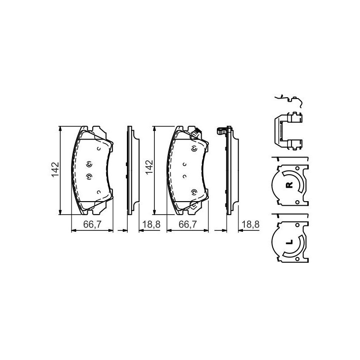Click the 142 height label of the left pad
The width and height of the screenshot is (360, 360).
[x=55, y=170]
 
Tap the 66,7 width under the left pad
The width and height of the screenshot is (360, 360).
[x=92, y=224]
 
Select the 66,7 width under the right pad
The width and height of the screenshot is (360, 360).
[x=188, y=224]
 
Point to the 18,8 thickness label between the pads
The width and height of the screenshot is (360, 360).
[x=152, y=224]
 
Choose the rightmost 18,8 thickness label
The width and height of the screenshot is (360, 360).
[x=251, y=224]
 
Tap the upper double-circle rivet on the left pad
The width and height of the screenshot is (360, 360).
[x=89, y=165]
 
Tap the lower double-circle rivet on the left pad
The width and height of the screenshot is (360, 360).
[x=89, y=176]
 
